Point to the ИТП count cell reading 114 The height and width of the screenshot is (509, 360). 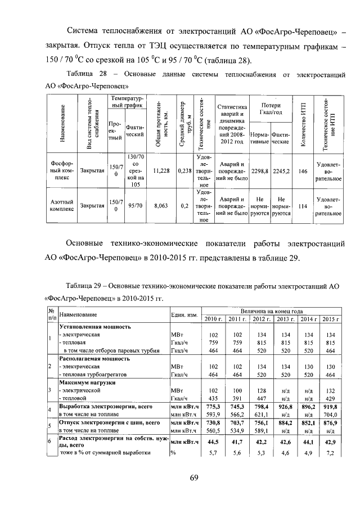point(303,206)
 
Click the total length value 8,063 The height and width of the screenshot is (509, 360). point(161,206)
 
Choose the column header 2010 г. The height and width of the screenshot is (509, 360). point(213,319)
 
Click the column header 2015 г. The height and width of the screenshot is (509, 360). point(330,319)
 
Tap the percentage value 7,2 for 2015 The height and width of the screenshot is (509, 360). point(330,453)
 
